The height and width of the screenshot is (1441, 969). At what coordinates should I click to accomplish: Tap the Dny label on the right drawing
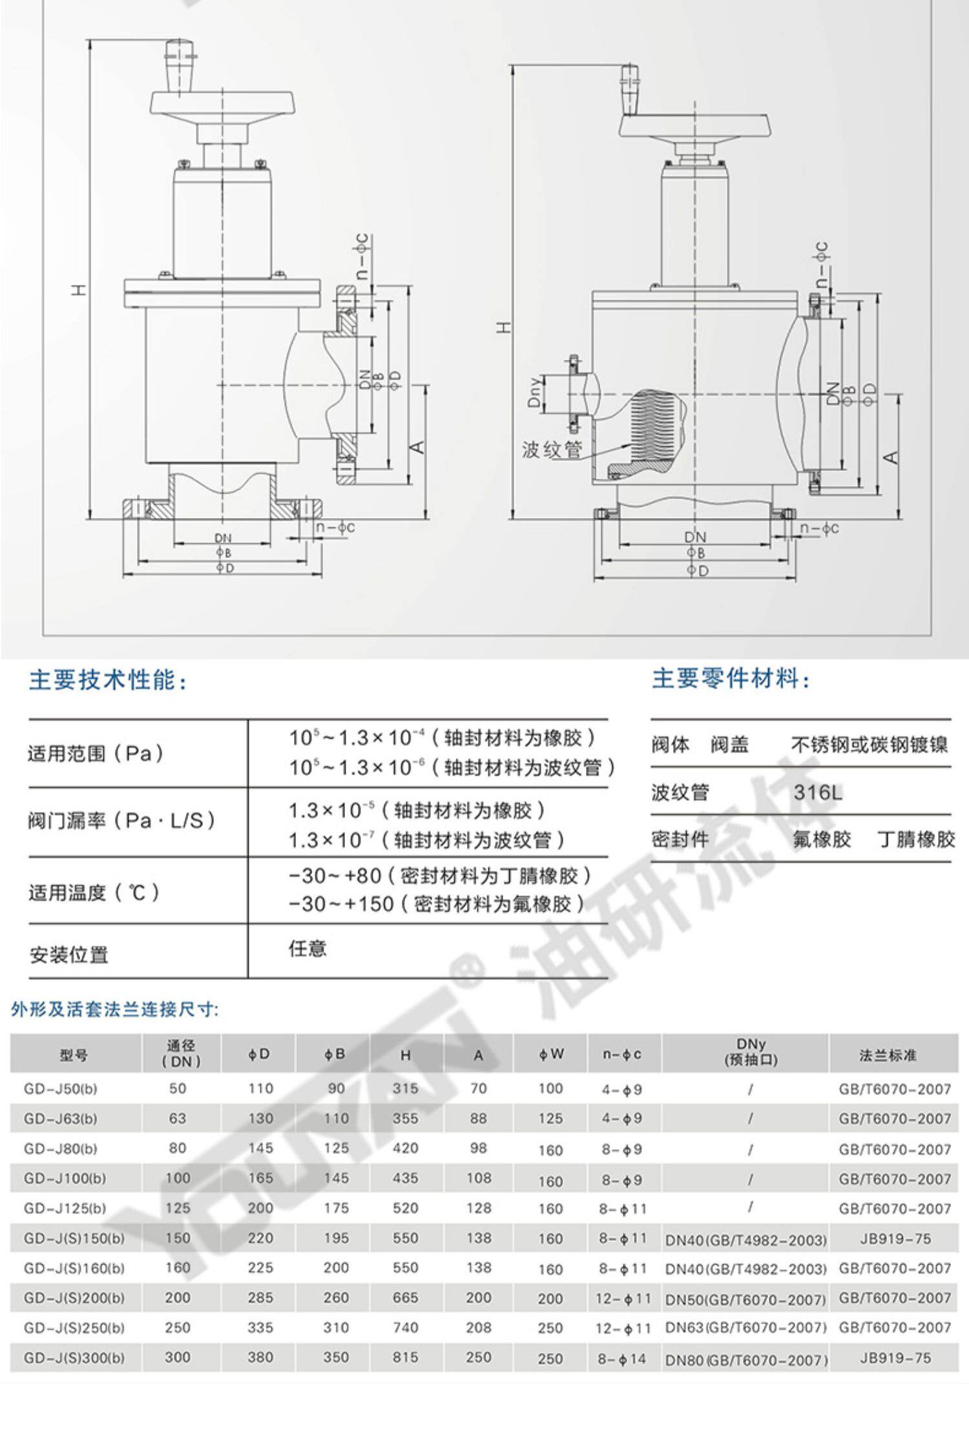click(534, 393)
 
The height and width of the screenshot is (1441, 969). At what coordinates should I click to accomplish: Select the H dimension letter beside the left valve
click(79, 289)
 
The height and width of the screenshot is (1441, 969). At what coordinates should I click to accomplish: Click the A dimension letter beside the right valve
click(891, 457)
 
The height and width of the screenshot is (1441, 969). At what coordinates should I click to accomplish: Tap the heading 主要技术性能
click(108, 680)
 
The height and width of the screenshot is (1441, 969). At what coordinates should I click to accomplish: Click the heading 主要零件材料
click(730, 679)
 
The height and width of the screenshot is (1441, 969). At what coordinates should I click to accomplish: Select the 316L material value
click(818, 792)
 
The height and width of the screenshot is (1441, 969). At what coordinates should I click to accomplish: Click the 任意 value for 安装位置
click(307, 948)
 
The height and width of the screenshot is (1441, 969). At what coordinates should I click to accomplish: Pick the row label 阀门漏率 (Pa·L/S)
click(121, 821)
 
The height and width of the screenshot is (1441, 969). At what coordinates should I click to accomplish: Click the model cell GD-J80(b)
click(61, 1148)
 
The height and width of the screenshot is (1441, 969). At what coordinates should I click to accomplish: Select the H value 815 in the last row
click(406, 1357)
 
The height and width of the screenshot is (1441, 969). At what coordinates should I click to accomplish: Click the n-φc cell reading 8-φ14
click(621, 1358)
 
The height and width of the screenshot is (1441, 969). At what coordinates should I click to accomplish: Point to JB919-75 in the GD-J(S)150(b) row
click(895, 1238)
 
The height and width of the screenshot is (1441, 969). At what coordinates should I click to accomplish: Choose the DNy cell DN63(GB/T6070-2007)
click(745, 1328)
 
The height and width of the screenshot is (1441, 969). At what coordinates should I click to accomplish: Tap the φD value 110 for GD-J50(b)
click(260, 1088)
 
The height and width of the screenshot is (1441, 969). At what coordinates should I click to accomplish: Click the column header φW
click(550, 1054)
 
